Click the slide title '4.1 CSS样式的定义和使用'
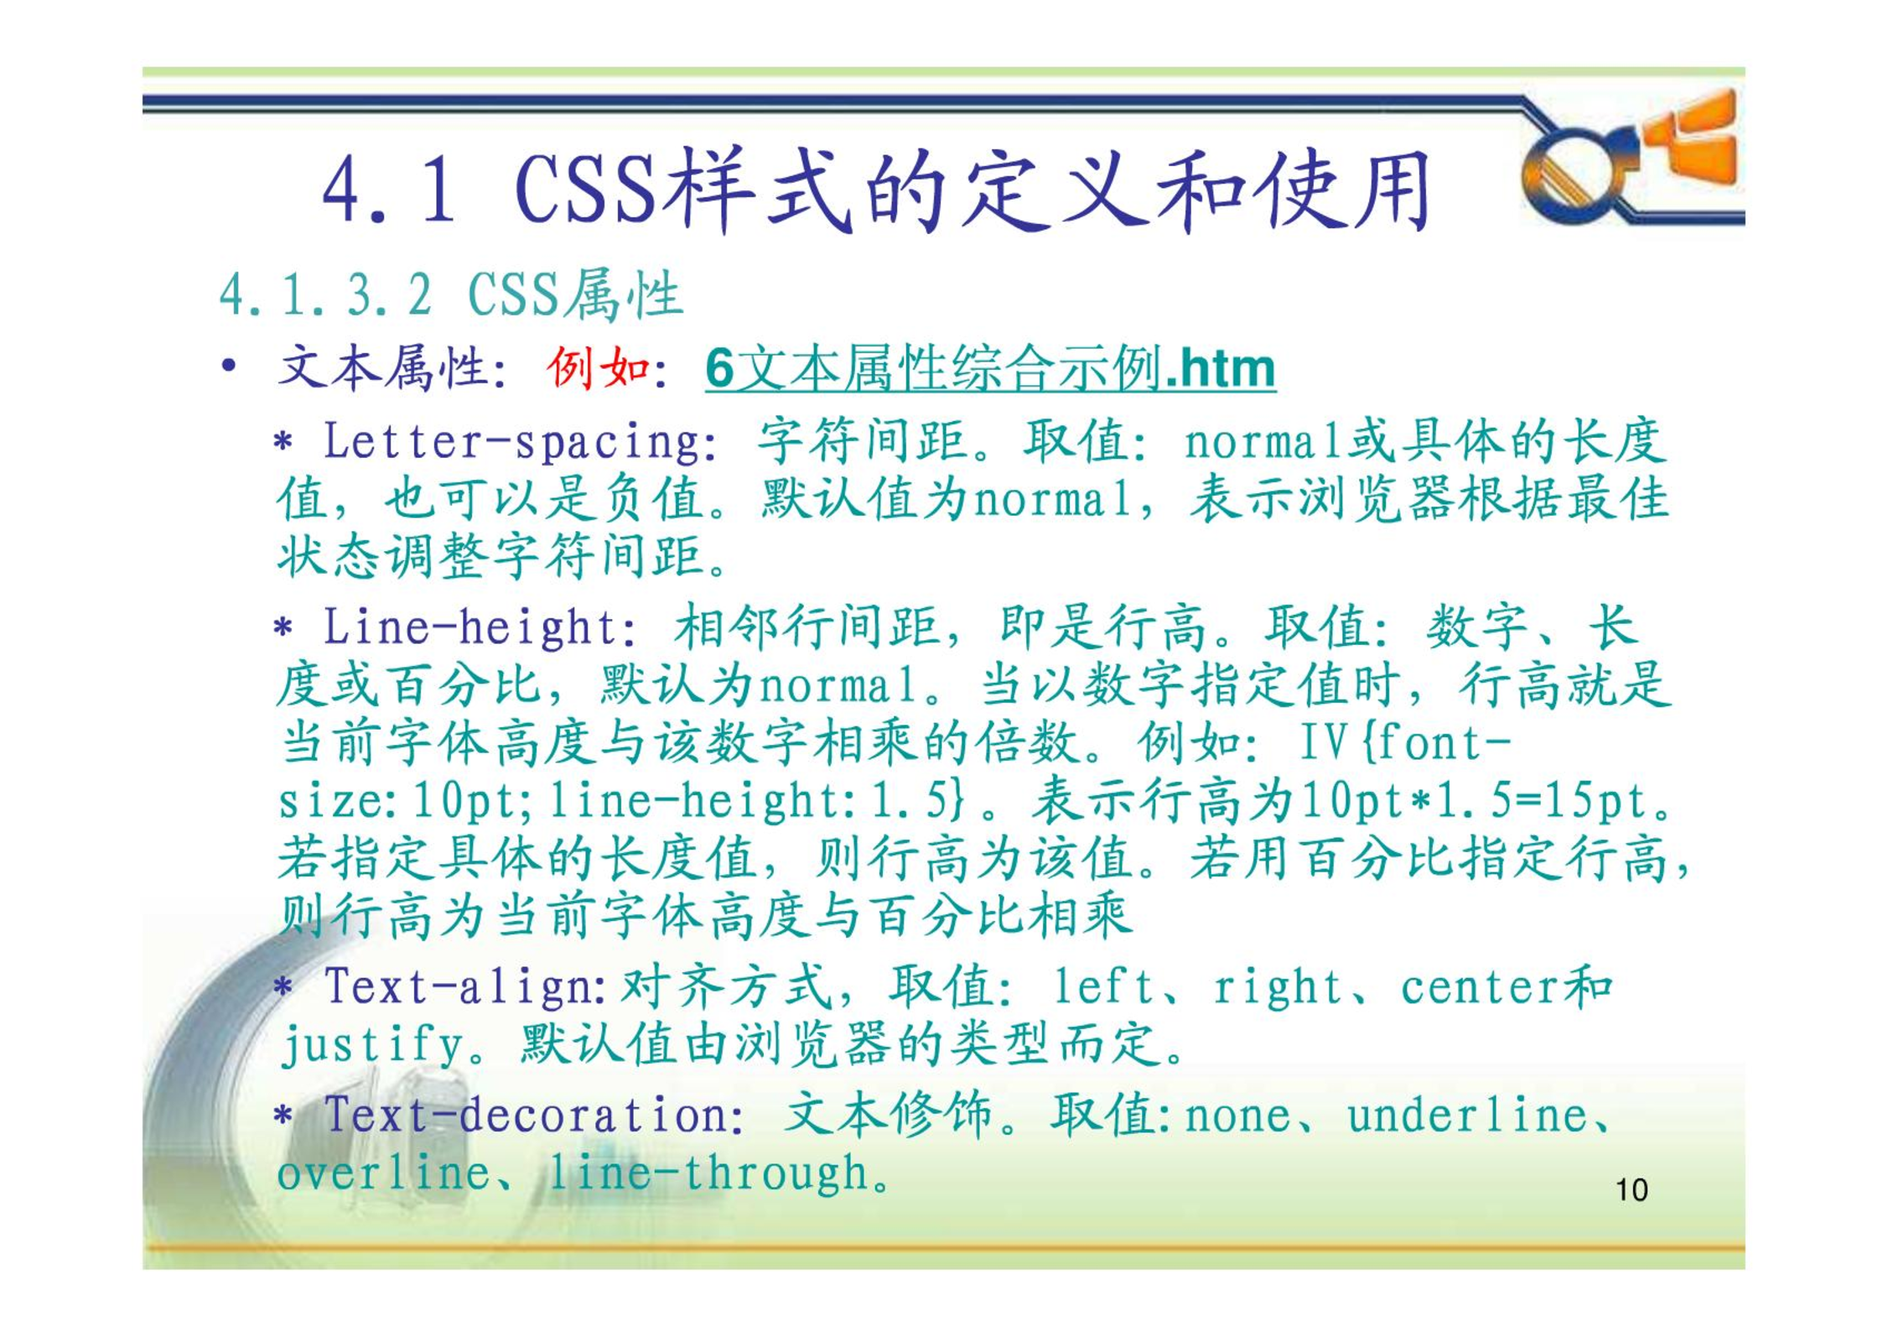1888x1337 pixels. click(876, 190)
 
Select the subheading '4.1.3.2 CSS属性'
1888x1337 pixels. click(451, 294)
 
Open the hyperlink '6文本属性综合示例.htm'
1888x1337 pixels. click(990, 368)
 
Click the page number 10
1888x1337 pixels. click(1631, 1190)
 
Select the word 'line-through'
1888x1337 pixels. click(708, 1173)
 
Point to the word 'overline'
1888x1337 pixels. click(384, 1173)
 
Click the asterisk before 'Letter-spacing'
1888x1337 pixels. click(283, 442)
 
